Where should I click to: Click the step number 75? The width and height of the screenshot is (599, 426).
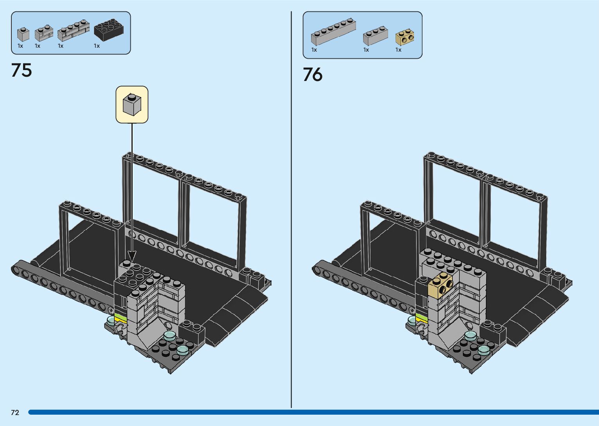(22, 70)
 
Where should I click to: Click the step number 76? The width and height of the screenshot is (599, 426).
(313, 74)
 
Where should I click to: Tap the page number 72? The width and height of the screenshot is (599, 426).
(15, 412)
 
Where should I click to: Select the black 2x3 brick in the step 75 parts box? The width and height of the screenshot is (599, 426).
(109, 30)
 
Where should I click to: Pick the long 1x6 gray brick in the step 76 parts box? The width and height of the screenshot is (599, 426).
(333, 31)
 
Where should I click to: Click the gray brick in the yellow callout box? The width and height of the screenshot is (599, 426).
(132, 104)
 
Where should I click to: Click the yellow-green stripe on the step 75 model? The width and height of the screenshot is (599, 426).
(121, 318)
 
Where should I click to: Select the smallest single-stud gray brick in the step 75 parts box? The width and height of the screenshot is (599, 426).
(23, 34)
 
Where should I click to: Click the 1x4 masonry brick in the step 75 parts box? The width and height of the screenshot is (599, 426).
(73, 31)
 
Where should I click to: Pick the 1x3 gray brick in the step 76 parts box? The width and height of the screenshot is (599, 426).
(375, 36)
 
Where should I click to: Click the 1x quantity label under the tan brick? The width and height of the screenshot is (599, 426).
(398, 50)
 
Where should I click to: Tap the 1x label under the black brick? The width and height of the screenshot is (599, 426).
(97, 46)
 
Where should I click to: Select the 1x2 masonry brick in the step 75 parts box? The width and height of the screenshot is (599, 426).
(44, 33)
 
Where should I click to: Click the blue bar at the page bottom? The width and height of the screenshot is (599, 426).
(313, 412)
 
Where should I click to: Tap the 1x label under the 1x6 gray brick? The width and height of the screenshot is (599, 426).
(314, 50)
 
